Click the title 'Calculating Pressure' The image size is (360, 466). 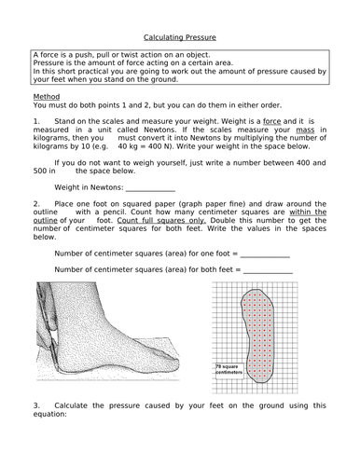tap(180, 38)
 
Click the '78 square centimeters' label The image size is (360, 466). tap(228, 369)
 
